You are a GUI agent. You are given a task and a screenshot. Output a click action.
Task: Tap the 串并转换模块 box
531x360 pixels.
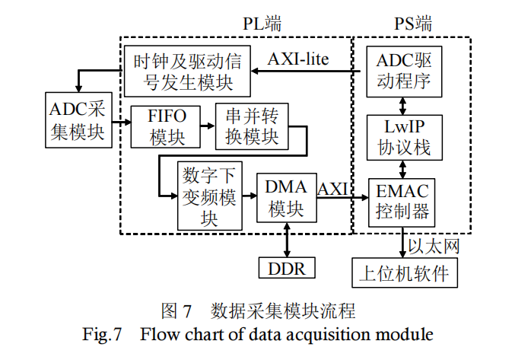point(251,126)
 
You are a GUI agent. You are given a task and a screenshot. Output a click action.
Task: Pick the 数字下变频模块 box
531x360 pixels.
point(209,196)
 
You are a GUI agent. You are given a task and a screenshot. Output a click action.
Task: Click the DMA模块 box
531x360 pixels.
point(285,197)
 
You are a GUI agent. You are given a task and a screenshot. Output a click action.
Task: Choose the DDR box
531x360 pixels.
point(286,268)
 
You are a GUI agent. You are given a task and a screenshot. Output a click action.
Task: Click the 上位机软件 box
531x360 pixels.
point(405,272)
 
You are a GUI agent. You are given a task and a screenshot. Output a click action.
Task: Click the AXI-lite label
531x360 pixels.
point(298,59)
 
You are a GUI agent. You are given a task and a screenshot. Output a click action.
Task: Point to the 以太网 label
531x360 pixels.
point(434,246)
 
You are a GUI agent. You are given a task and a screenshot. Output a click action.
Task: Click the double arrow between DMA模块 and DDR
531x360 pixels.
point(286,240)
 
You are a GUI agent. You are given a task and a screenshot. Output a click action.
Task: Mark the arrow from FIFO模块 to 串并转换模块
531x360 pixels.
point(206,126)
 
